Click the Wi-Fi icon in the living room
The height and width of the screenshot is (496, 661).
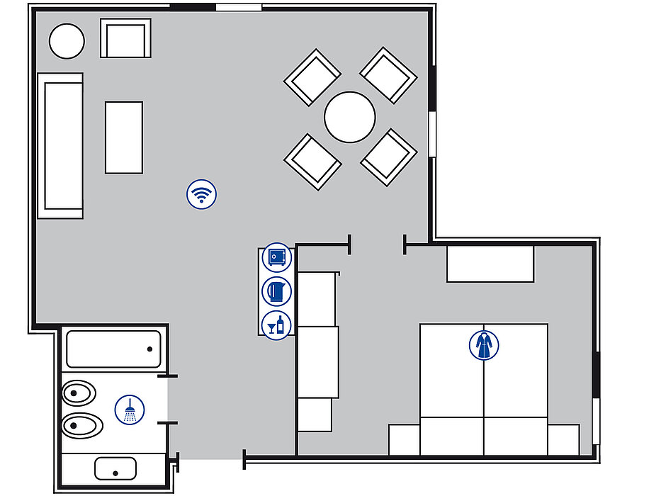202,194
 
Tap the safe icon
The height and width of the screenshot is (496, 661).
276,257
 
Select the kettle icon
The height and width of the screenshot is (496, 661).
276,291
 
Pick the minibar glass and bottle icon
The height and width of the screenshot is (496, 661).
276,325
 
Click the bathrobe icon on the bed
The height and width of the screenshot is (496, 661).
484,345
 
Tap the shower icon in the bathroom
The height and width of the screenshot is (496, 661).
130,410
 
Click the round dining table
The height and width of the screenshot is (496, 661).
350,117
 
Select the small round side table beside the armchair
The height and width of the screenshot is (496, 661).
67,41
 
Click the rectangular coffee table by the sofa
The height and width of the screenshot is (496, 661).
124,137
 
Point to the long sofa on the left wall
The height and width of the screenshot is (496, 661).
60,145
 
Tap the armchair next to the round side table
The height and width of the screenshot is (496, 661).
126,38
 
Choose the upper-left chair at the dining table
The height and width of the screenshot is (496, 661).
312,77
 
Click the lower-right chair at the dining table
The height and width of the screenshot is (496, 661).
388,157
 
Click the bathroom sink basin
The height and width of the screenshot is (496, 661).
115,468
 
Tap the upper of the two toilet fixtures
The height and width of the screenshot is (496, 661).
79,392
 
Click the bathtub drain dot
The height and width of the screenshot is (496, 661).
150,349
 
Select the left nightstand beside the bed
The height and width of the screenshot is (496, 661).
404,439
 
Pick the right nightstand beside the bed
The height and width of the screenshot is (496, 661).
563,439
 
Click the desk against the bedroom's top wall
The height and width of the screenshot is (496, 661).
490,264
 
